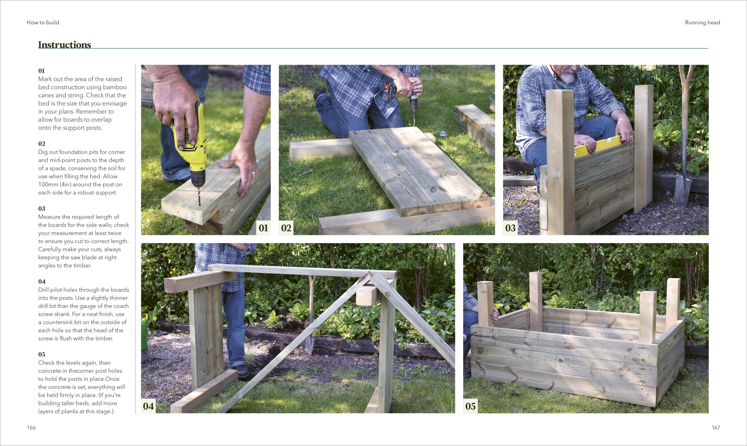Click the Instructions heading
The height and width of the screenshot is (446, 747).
tap(65, 45)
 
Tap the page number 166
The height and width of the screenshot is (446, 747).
tap(31, 427)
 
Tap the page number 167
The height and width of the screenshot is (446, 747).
tap(716, 427)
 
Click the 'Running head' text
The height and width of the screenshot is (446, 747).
tap(702, 22)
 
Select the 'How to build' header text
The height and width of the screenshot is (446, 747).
tap(43, 22)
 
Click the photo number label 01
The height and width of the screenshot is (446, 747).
tap(263, 228)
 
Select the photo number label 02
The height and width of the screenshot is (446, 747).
tap(286, 228)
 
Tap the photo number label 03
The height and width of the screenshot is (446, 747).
tap(510, 228)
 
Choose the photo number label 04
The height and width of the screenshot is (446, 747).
tap(148, 406)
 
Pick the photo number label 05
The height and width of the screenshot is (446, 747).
tap(471, 406)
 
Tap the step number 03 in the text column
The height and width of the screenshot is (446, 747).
tap(42, 209)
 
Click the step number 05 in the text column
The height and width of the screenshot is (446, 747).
tap(42, 354)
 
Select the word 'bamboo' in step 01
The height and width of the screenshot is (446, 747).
tap(115, 87)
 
